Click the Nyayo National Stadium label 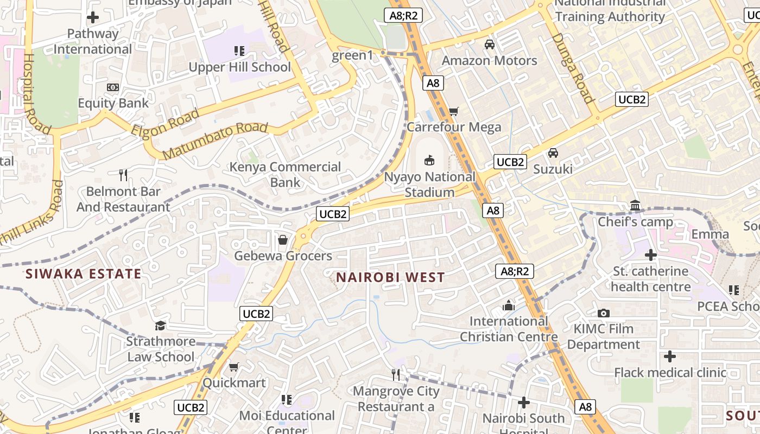[429, 184]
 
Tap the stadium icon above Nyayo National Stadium [429, 159]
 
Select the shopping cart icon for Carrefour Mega [453, 112]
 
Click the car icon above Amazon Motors [490, 44]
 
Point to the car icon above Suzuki [553, 153]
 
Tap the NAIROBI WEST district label [390, 277]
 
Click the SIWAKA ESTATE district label [83, 274]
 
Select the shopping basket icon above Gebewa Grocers [283, 240]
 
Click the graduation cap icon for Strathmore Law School [160, 325]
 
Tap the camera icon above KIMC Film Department [603, 313]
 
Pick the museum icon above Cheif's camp [635, 206]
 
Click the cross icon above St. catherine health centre [650, 254]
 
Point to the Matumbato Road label [215, 141]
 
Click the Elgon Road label [165, 123]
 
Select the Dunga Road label [573, 68]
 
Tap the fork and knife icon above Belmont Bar [123, 175]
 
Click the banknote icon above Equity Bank [113, 87]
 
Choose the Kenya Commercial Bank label [285, 175]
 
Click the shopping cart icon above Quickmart [234, 367]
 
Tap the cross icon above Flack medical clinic [670, 356]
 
